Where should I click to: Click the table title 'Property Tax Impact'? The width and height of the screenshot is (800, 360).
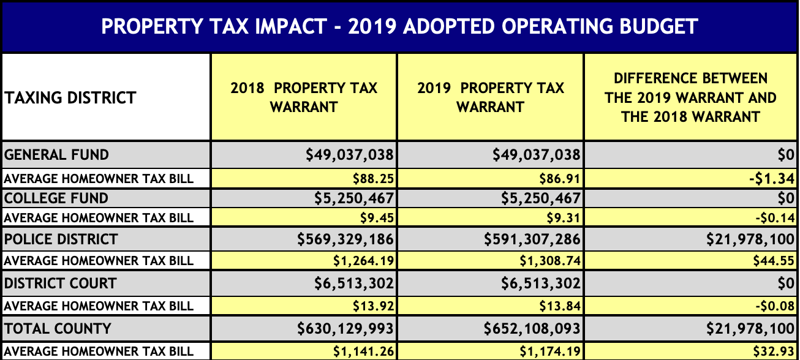(399, 26)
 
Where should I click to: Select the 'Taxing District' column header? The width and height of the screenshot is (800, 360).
(70, 97)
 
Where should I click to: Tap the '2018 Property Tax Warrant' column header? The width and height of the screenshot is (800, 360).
(304, 97)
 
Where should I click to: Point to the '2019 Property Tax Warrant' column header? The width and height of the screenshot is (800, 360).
(491, 97)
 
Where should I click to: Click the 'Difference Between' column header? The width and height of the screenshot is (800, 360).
(690, 97)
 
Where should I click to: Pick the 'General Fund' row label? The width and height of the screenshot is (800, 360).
(57, 155)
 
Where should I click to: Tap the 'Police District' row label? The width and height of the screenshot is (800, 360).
(61, 239)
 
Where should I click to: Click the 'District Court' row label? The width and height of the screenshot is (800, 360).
(61, 283)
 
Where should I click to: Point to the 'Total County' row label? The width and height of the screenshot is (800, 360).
(58, 329)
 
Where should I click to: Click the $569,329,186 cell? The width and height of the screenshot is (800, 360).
(345, 239)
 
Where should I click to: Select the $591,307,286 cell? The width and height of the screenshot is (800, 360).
(532, 239)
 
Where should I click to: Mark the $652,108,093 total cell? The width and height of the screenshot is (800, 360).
(532, 329)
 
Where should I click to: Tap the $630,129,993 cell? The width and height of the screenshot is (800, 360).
(345, 329)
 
